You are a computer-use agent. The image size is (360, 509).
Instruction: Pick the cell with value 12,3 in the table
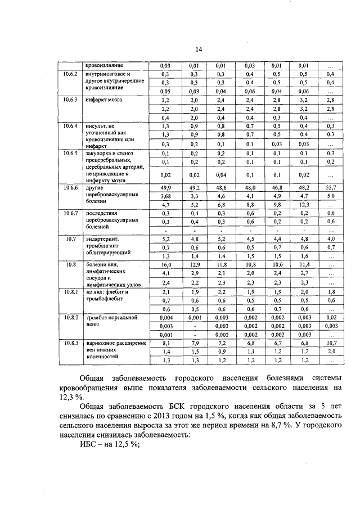[x=303, y=205]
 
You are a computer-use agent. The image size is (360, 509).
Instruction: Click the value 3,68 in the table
[x=165, y=196]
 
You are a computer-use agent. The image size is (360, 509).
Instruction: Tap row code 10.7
[x=70, y=239]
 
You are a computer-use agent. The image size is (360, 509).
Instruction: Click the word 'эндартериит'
[x=102, y=239]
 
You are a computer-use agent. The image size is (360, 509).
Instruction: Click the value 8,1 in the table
[x=165, y=343]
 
